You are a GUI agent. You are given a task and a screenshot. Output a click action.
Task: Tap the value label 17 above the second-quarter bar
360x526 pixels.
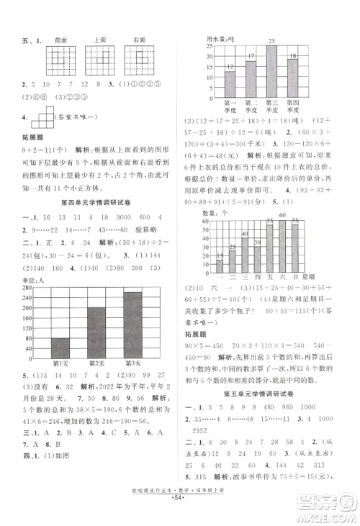(x=251, y=56)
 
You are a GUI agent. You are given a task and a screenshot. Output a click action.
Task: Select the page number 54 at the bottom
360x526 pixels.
(x=179, y=514)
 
